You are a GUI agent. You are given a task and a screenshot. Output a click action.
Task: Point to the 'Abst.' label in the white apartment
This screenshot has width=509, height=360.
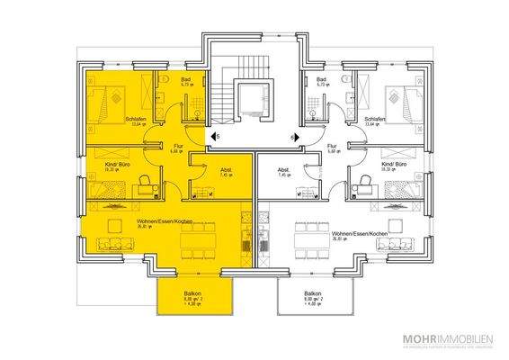pyautogui.click(x=282, y=168)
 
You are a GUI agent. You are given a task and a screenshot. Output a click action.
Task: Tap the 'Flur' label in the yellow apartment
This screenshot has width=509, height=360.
pyautogui.click(x=176, y=146)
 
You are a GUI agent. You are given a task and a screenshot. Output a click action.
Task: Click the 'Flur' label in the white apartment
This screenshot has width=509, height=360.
pyautogui.click(x=333, y=146)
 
